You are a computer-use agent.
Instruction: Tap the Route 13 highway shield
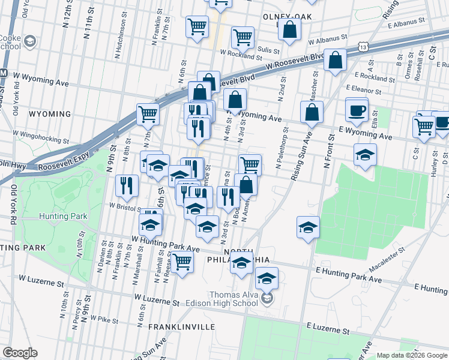point(361,46)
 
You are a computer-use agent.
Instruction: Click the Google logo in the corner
point(20,353)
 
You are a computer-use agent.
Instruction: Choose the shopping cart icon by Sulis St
point(243,37)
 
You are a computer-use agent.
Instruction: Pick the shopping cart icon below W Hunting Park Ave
point(182,262)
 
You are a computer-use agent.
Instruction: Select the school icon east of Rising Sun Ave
point(308,228)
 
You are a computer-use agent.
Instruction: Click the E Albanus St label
point(406,20)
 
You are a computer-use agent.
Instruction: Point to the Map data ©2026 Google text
point(412,355)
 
